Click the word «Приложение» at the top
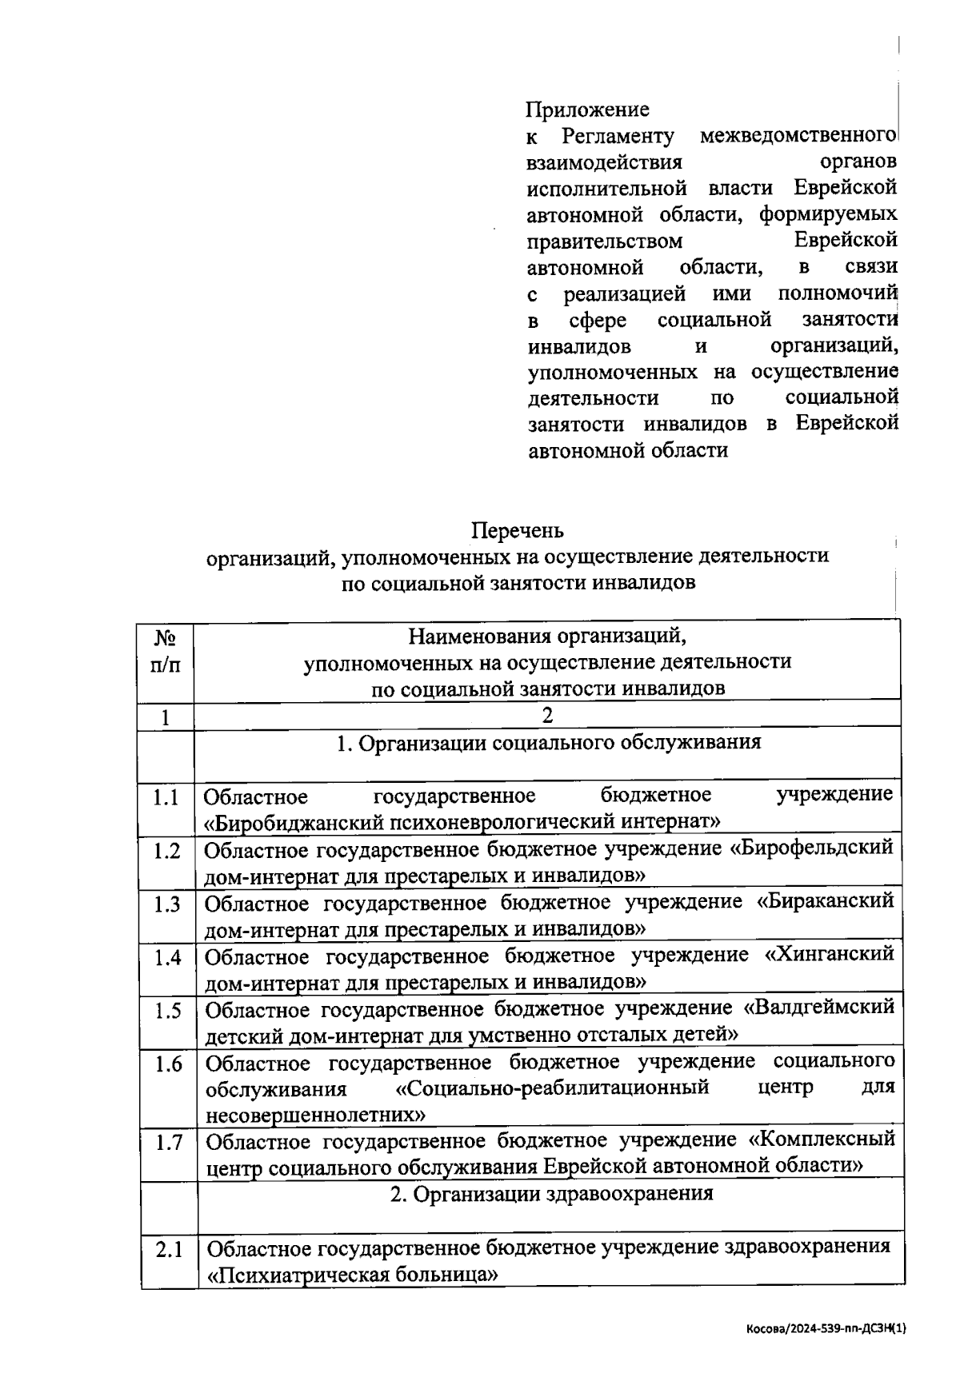[587, 110]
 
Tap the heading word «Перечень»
[517, 530]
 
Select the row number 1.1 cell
[166, 797]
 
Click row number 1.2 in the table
[167, 850]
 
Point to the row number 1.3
[167, 904]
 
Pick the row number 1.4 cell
[168, 957]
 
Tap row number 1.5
[168, 1010]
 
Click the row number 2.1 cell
[170, 1248]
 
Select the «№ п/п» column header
[165, 651]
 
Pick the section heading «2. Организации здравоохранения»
[551, 1194]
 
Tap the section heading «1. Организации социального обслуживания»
[548, 743]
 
